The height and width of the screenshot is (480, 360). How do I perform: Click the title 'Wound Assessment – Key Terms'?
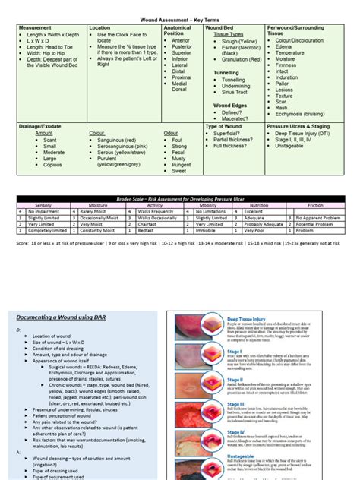pyautogui.click(x=179, y=17)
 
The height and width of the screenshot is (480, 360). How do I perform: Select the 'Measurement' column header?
pyautogui.click(x=37, y=27)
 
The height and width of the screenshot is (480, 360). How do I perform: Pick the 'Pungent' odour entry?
pyautogui.click(x=182, y=163)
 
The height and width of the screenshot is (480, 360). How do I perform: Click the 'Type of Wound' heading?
pyautogui.click(x=225, y=126)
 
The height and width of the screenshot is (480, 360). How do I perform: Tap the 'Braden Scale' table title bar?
pyautogui.click(x=179, y=197)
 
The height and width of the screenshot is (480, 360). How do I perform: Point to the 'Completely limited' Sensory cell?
pyautogui.click(x=45, y=229)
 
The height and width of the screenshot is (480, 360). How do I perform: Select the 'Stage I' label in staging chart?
pyautogui.click(x=233, y=352)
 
